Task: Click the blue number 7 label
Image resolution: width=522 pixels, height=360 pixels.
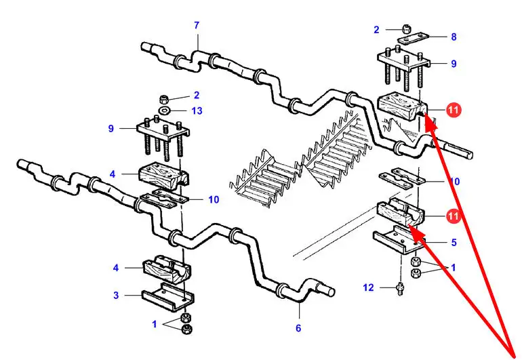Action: pyautogui.click(x=197, y=26)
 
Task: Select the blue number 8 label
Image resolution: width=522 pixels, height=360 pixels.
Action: pyautogui.click(x=454, y=37)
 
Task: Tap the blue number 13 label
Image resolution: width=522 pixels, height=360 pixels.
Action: pyautogui.click(x=197, y=111)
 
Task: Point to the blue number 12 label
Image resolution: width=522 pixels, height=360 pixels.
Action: pyautogui.click(x=368, y=287)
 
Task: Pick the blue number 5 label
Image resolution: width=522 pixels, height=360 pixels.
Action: pyautogui.click(x=454, y=241)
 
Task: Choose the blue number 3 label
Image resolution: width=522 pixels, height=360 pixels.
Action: pyautogui.click(x=116, y=295)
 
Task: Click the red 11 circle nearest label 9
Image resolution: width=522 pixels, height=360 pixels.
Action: pyautogui.click(x=454, y=109)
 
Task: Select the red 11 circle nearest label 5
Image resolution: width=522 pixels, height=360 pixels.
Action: pyautogui.click(x=454, y=216)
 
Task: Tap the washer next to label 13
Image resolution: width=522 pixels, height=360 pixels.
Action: pyautogui.click(x=165, y=111)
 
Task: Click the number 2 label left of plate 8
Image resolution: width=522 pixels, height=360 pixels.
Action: pyautogui.click(x=376, y=29)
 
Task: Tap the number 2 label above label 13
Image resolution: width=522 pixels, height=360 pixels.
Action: pyautogui.click(x=197, y=96)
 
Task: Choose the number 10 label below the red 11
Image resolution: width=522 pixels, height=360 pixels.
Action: pyautogui.click(x=454, y=182)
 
